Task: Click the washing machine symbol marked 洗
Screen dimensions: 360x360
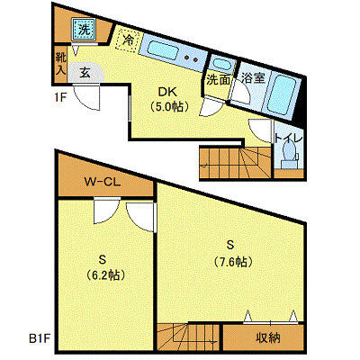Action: pyautogui.click(x=84, y=29)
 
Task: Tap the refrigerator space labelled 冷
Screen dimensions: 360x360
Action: pyautogui.click(x=128, y=40)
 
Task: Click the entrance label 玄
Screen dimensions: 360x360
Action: pyautogui.click(x=85, y=73)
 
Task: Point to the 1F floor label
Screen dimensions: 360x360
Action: pyautogui.click(x=60, y=97)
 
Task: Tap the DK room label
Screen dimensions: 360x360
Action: pyautogui.click(x=168, y=92)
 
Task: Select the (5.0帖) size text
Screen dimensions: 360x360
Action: pyautogui.click(x=169, y=106)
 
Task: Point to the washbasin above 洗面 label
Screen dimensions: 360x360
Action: pyautogui.click(x=221, y=64)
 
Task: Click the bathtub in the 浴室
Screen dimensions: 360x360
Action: pyautogui.click(x=281, y=94)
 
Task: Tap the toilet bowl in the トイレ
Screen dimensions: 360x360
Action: pyautogui.click(x=288, y=152)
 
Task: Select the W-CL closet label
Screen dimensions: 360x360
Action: pyautogui.click(x=103, y=182)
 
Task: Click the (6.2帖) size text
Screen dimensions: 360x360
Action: pyautogui.click(x=105, y=274)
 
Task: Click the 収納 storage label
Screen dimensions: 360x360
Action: pyautogui.click(x=268, y=338)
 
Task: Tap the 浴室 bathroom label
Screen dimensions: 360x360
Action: pyautogui.click(x=254, y=78)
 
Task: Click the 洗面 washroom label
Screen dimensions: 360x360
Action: pyautogui.click(x=219, y=80)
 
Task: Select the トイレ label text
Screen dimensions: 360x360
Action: pyautogui.click(x=289, y=139)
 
